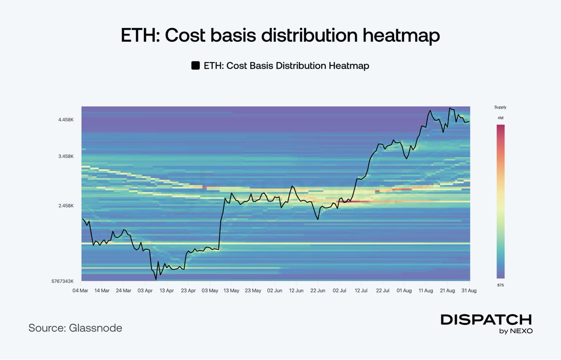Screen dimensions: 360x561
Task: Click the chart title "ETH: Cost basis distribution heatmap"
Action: (x=280, y=36)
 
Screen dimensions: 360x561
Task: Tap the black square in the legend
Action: (x=195, y=66)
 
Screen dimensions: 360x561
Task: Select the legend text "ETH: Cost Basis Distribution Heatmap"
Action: (x=287, y=66)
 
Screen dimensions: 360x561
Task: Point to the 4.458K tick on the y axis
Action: (x=66, y=120)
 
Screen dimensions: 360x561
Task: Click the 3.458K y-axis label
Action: (x=66, y=156)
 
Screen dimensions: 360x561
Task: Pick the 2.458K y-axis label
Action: (x=66, y=206)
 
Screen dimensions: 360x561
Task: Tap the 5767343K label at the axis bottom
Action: (x=62, y=281)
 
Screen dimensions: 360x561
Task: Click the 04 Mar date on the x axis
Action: (x=81, y=290)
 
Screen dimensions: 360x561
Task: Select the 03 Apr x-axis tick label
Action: (x=145, y=290)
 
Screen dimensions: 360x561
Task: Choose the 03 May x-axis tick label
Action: (x=210, y=290)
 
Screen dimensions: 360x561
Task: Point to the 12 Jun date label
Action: (x=296, y=290)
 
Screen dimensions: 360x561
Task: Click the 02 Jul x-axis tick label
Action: (x=339, y=290)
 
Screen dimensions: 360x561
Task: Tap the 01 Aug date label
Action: (x=404, y=290)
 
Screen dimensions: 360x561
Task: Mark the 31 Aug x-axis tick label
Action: (x=469, y=290)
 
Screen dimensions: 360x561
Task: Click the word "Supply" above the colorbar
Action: (x=500, y=107)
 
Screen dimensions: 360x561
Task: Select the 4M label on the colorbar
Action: (x=500, y=118)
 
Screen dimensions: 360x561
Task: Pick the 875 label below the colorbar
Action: (x=500, y=285)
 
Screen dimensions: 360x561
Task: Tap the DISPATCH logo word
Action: (x=486, y=319)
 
